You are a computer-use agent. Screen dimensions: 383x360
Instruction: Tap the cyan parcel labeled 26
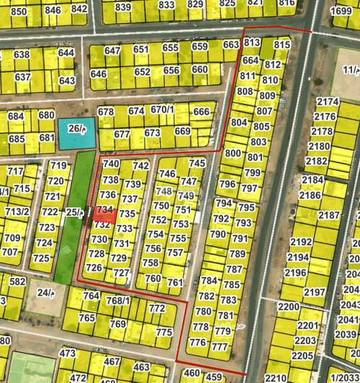click(x=76, y=130)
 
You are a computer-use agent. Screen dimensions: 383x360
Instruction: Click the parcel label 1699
click(x=341, y=11)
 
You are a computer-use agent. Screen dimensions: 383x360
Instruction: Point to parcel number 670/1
click(x=162, y=109)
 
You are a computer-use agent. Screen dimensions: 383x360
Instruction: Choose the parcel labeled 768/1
click(x=118, y=300)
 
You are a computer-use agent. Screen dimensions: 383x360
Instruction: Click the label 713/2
click(x=17, y=212)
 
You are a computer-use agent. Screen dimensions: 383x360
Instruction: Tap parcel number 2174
click(x=328, y=102)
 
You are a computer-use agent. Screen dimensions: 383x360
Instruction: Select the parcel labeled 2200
click(x=288, y=307)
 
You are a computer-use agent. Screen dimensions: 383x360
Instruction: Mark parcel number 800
click(x=233, y=153)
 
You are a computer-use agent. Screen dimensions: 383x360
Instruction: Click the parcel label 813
click(x=251, y=43)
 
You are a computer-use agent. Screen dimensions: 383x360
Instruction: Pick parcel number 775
click(x=164, y=333)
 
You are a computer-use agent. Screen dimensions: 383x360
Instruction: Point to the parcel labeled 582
click(x=17, y=281)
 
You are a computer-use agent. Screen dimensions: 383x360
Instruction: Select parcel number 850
click(x=19, y=12)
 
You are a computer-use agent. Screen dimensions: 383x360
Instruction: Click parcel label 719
click(x=58, y=166)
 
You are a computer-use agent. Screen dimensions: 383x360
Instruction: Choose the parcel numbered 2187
click(x=329, y=216)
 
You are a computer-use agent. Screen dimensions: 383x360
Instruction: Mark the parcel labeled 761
click(x=175, y=283)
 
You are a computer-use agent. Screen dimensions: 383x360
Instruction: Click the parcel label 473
click(x=68, y=353)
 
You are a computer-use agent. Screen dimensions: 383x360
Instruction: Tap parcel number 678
click(x=106, y=112)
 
